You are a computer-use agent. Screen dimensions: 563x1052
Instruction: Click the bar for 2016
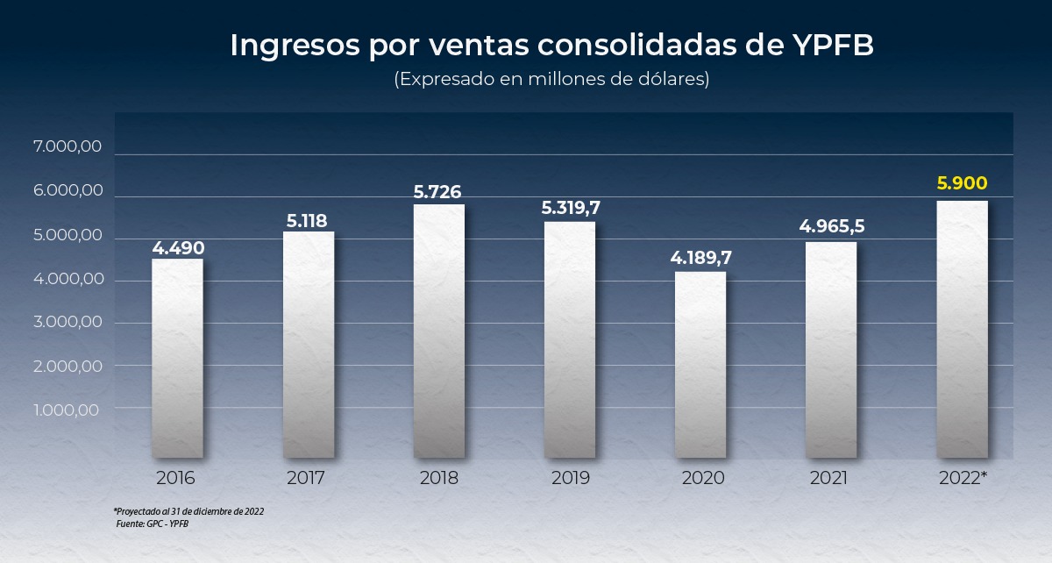tap(177, 358)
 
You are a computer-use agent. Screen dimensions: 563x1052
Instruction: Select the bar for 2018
tap(438, 331)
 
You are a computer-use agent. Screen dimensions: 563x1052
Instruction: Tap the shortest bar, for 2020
tap(700, 364)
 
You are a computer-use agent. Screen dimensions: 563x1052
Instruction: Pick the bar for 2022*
tap(962, 329)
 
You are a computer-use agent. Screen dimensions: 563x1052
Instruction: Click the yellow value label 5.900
tap(962, 184)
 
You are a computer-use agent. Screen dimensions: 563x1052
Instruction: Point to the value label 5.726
tap(438, 190)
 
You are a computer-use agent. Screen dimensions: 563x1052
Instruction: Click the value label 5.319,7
tap(570, 208)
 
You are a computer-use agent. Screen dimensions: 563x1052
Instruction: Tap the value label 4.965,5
tap(831, 226)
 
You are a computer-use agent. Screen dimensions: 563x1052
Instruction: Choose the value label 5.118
tap(308, 220)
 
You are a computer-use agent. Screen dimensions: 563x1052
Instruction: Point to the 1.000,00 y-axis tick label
tap(68, 410)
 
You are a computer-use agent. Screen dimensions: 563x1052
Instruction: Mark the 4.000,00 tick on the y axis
tap(68, 280)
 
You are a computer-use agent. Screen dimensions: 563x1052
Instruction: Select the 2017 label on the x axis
tap(306, 479)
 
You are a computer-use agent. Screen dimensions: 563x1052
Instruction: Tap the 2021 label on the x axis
tap(828, 479)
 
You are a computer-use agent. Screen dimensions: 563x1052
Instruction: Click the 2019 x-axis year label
tap(570, 479)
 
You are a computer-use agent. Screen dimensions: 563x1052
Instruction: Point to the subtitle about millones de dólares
tap(551, 79)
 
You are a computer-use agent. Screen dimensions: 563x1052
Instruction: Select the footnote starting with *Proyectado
tap(188, 510)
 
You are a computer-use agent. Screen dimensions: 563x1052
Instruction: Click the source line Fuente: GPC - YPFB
tap(153, 524)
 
